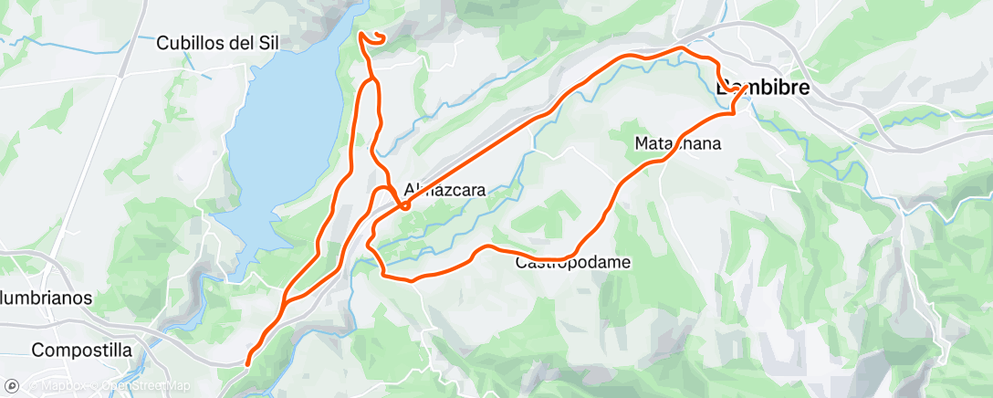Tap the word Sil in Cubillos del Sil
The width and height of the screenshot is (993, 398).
266,42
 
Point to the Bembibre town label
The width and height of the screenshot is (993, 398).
764,89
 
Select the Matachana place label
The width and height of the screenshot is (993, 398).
678,143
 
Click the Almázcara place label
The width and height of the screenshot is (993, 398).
445,191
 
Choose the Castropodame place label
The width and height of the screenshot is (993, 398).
573,263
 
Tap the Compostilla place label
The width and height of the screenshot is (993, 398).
81,351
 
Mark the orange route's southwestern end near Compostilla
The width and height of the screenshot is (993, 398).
248,363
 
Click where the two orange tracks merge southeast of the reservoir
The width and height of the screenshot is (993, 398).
286,300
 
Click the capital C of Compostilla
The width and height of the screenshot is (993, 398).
37,351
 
